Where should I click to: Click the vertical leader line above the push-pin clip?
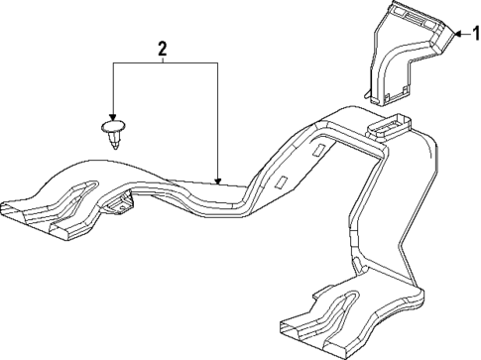coord(114,89)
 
